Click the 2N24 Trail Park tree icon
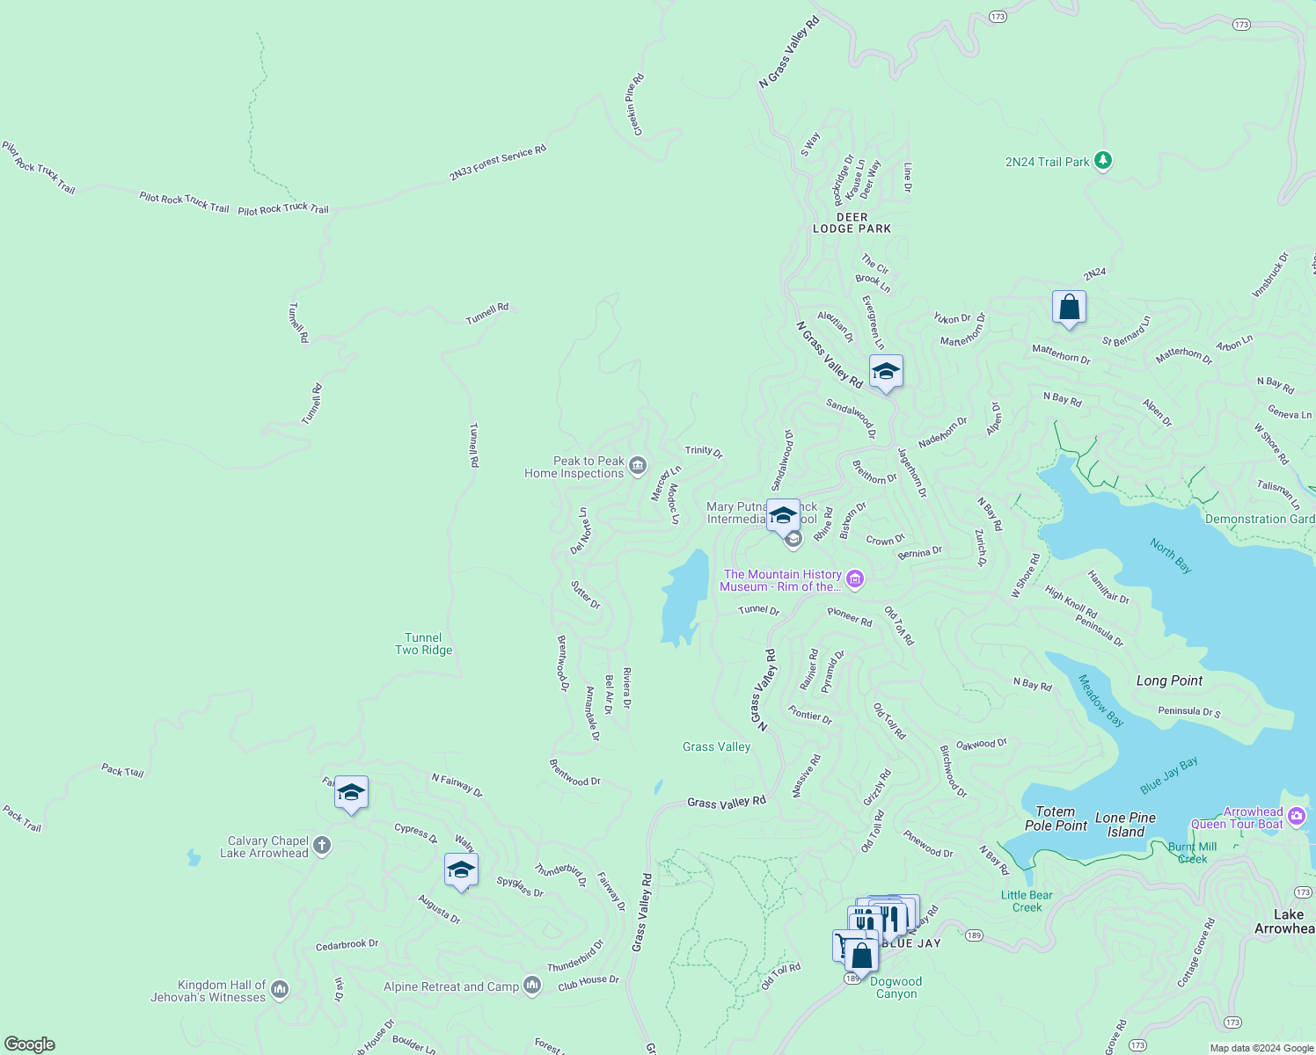[1103, 161]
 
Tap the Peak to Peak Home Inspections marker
[638, 465]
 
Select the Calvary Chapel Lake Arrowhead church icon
[322, 846]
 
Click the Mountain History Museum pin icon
[855, 578]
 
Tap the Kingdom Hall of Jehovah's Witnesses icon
[280, 990]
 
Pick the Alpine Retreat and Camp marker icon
[532, 986]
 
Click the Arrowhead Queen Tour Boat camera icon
[1297, 818]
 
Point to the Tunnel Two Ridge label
[423, 644]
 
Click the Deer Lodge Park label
[852, 222]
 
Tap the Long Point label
[1169, 680]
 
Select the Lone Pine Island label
[1125, 825]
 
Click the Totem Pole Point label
[1056, 819]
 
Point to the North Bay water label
[1171, 556]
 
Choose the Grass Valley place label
[716, 746]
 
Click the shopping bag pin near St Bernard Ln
[1069, 307]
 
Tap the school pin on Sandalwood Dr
[886, 371]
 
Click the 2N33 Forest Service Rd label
[498, 163]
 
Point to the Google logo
[30, 1044]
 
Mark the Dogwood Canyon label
[896, 987]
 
